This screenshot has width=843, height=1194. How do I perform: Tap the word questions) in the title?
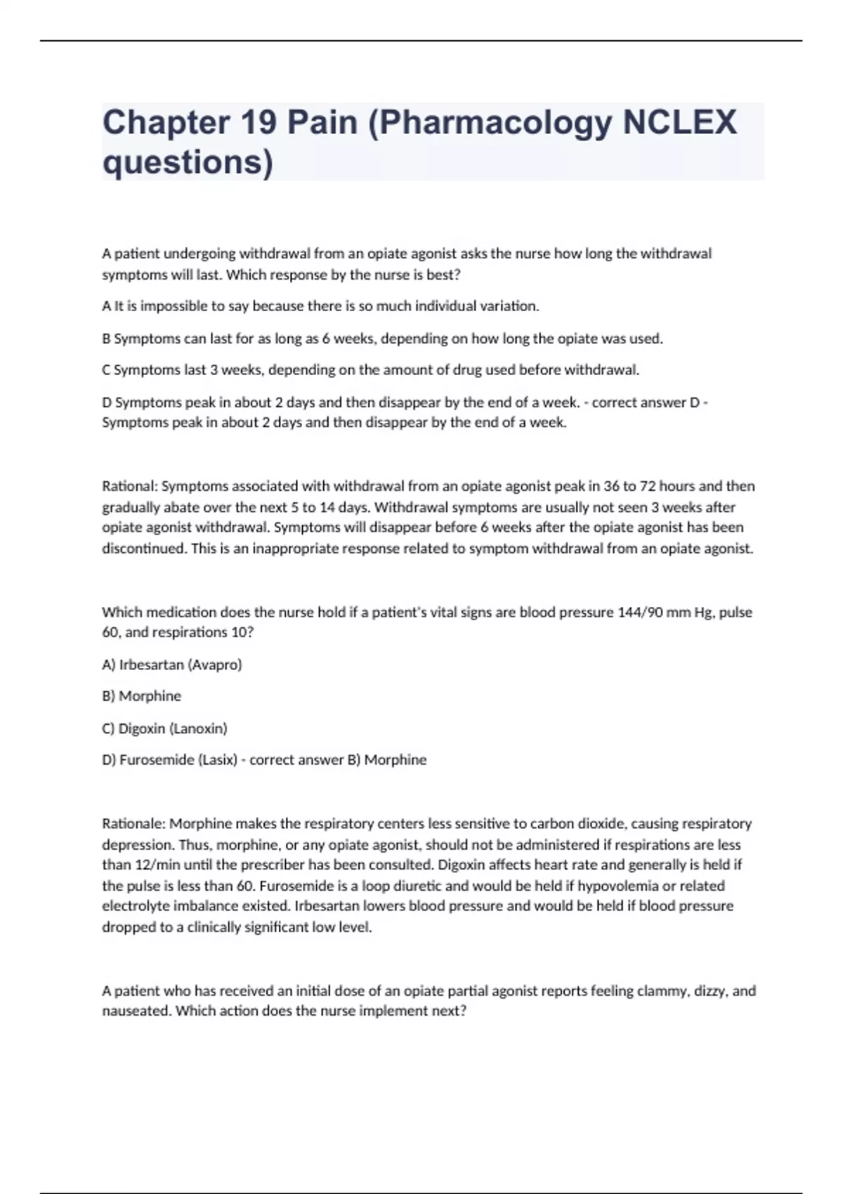click(x=188, y=162)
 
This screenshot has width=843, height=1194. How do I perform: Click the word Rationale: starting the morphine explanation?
click(x=133, y=823)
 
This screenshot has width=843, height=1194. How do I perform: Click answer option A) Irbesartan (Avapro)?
click(x=172, y=664)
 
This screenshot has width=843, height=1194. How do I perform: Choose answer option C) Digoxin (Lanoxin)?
click(x=165, y=728)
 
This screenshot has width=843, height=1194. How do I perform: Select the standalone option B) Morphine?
click(x=142, y=696)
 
